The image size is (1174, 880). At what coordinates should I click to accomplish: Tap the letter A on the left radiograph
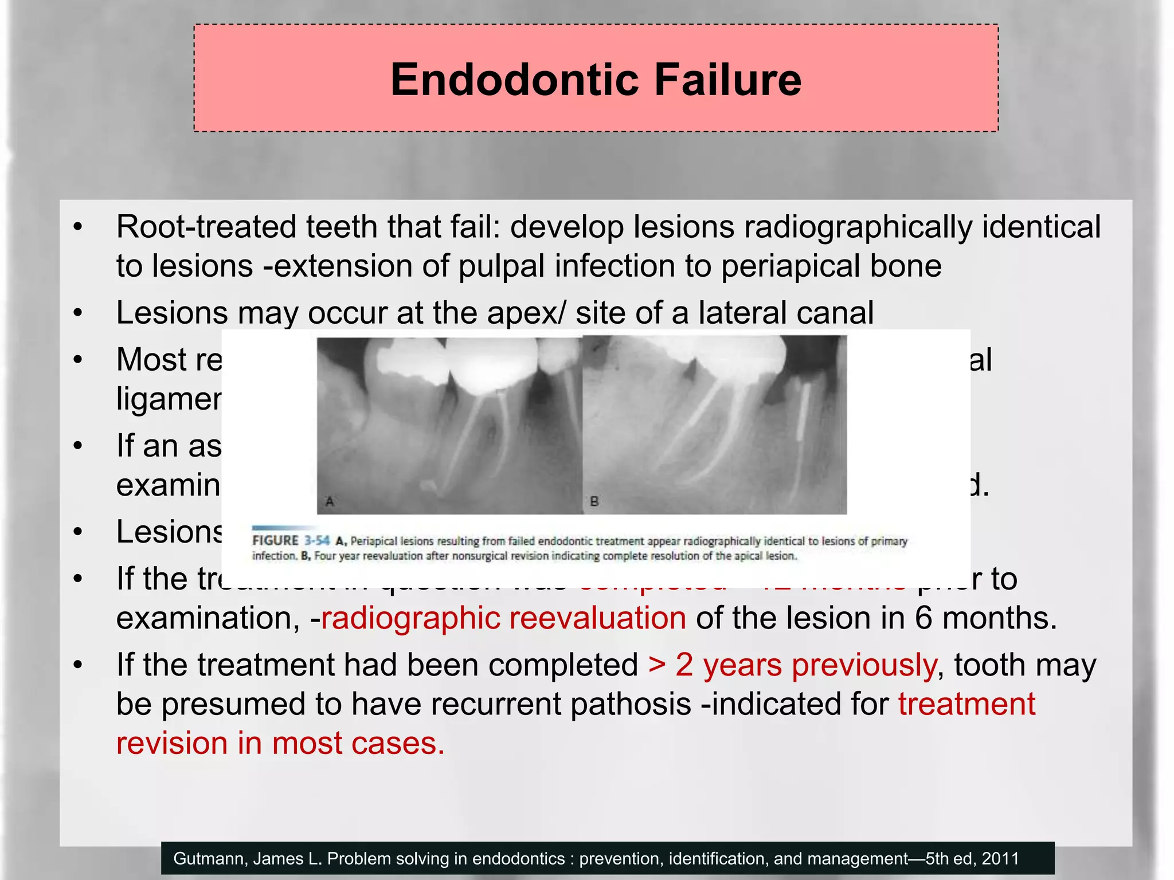330,502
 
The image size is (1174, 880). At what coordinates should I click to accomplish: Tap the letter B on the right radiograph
594,502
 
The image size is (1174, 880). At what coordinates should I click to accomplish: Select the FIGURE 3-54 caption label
291,541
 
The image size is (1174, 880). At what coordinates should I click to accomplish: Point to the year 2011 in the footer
1000,858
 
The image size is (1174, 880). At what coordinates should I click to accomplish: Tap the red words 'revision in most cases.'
280,744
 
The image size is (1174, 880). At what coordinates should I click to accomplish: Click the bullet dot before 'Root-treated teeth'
79,227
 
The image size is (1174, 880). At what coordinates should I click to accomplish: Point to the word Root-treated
206,227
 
